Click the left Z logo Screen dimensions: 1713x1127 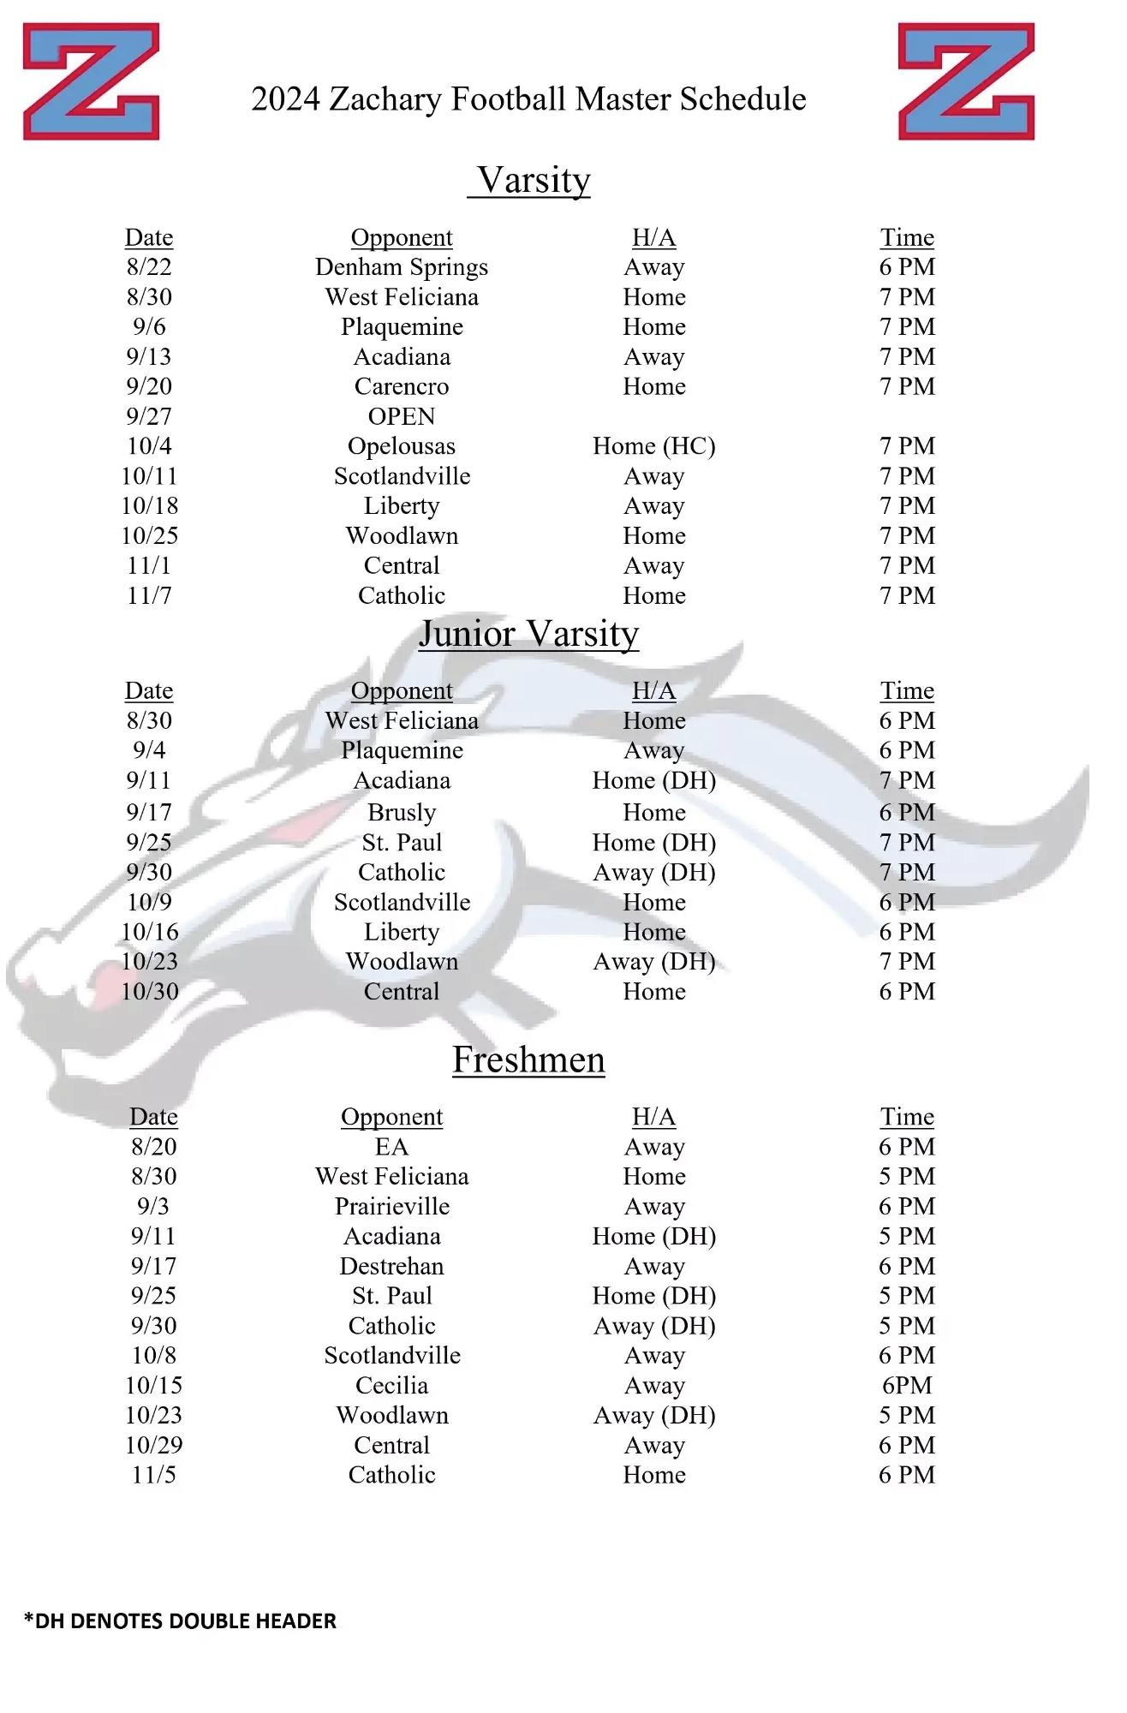pos(91,81)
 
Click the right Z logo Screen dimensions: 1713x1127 pos(966,81)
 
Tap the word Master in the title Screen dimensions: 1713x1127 pos(623,99)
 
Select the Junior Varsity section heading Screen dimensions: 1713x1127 pos(528,634)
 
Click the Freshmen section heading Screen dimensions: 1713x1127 pos(528,1059)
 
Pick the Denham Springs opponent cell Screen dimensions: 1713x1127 pos(402,267)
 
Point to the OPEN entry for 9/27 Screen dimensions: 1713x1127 pos(402,416)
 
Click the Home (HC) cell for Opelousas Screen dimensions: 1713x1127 pos(653,446)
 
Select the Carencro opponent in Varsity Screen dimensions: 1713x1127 pos(402,386)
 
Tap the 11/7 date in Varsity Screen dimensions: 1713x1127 pos(149,595)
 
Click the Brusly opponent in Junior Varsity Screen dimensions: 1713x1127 pos(402,812)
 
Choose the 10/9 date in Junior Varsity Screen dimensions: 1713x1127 pos(149,902)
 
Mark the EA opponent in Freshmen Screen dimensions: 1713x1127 pos(391,1147)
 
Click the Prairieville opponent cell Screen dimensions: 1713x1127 pos(391,1207)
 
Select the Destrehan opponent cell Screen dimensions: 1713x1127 pos(391,1266)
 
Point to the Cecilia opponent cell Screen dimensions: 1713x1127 pos(391,1385)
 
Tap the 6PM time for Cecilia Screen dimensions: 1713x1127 pos(907,1385)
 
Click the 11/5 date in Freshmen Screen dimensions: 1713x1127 pos(154,1475)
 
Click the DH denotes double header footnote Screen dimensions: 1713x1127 pos(180,1620)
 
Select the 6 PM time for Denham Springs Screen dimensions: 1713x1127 pos(907,267)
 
